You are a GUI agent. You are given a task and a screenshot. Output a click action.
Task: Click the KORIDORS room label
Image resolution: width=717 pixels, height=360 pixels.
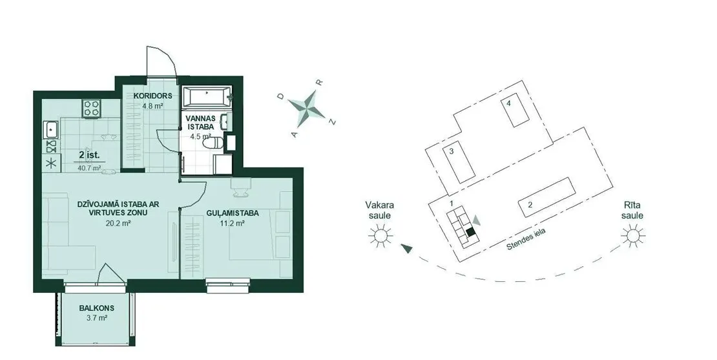click(x=152, y=96)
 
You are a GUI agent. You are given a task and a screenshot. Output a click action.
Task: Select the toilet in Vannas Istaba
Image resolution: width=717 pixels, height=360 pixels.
click(x=214, y=143)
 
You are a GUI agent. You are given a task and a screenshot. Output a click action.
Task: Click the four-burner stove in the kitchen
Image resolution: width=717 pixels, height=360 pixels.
click(x=92, y=109)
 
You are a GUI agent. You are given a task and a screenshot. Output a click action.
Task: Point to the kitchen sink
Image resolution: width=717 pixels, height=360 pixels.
click(x=50, y=129)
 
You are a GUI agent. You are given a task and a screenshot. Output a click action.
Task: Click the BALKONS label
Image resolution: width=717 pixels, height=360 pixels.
click(x=96, y=308)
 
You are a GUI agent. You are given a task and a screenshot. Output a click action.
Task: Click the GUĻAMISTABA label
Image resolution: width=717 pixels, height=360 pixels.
click(x=233, y=213)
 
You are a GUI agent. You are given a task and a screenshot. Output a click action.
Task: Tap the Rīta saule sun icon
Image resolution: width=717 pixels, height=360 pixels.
click(x=633, y=235)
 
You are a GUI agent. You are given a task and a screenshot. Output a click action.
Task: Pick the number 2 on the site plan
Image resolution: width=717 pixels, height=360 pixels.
click(x=530, y=204)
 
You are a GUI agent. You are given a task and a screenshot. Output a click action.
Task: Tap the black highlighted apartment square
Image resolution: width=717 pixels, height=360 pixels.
click(x=471, y=231)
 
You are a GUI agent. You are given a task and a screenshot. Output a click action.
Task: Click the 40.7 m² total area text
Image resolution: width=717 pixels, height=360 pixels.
click(x=90, y=168)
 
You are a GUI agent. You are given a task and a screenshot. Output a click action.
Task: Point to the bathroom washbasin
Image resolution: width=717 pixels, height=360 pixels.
click(x=225, y=122)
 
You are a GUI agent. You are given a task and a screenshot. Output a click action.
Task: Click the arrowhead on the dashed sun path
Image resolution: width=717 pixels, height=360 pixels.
click(x=406, y=248)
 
